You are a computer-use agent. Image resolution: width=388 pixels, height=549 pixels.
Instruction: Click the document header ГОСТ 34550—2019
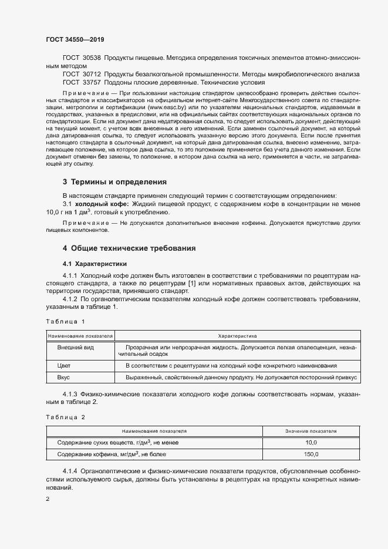click(x=75, y=39)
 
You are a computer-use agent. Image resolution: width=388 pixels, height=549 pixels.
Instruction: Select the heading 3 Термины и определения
click(x=114, y=181)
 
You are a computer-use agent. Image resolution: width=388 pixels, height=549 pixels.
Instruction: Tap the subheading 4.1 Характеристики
click(x=94, y=263)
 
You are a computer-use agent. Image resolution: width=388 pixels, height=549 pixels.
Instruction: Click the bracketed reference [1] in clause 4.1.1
click(x=191, y=284)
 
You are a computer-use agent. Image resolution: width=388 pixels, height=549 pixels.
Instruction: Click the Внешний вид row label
click(x=72, y=347)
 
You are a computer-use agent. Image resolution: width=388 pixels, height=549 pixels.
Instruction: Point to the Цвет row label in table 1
click(x=64, y=365)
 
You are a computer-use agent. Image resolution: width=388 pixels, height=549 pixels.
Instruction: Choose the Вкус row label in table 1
click(x=63, y=379)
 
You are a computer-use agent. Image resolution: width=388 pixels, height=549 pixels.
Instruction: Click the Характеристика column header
click(x=237, y=336)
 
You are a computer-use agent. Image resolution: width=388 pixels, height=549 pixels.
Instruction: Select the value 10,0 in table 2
click(x=311, y=443)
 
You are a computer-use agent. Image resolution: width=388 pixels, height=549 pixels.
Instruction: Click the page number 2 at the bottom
click(x=48, y=499)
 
